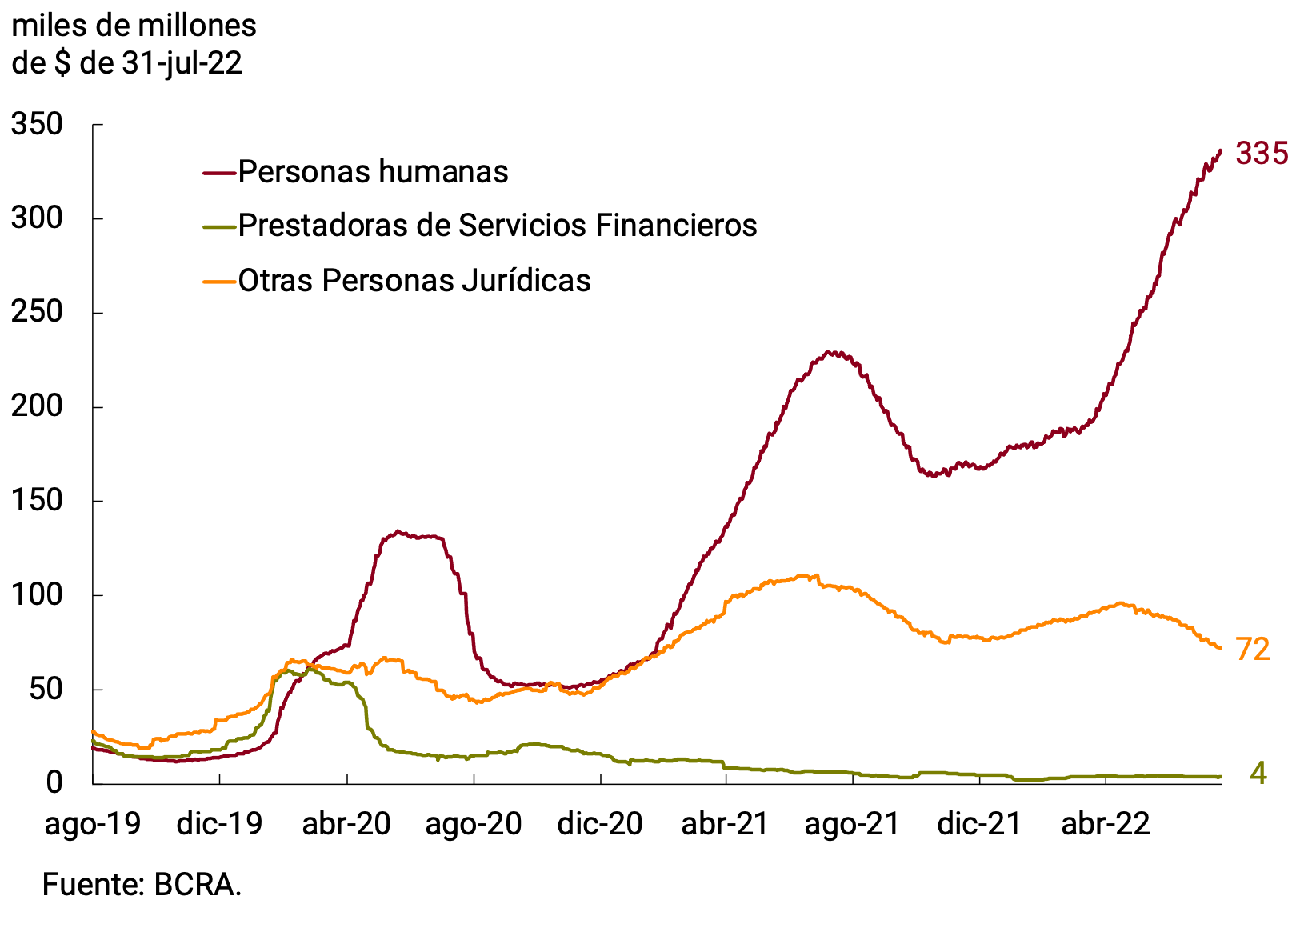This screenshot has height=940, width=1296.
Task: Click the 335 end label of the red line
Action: click(x=1262, y=153)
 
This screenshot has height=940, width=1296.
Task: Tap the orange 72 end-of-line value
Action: click(x=1253, y=650)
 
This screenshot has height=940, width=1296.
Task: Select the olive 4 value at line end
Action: click(x=1258, y=774)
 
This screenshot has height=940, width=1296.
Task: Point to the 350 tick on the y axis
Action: click(x=37, y=125)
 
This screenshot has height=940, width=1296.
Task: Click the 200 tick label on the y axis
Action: click(x=37, y=406)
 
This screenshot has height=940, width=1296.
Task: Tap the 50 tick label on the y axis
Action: click(x=46, y=689)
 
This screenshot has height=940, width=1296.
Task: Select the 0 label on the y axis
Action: click(x=54, y=782)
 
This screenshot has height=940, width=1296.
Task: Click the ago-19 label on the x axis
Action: click(x=93, y=823)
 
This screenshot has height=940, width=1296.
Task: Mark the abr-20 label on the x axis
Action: click(x=346, y=823)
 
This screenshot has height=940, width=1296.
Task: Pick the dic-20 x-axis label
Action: click(x=600, y=823)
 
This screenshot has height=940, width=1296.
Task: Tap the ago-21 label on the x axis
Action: click(x=853, y=823)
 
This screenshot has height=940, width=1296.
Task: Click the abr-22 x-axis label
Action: click(x=1106, y=823)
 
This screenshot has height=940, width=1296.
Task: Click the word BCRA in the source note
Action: click(x=197, y=885)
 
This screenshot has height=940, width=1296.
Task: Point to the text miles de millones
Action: click(x=134, y=26)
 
